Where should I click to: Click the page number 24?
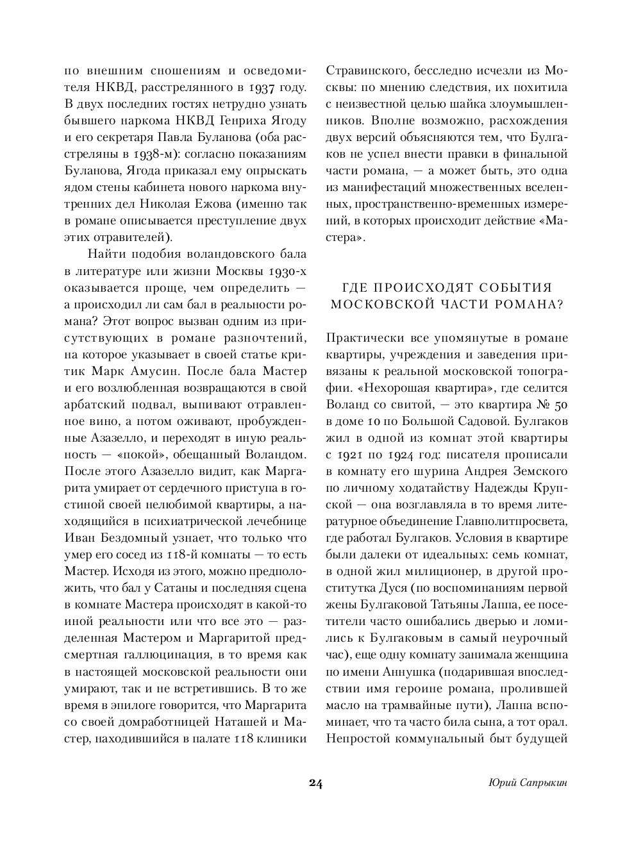point(315,783)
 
